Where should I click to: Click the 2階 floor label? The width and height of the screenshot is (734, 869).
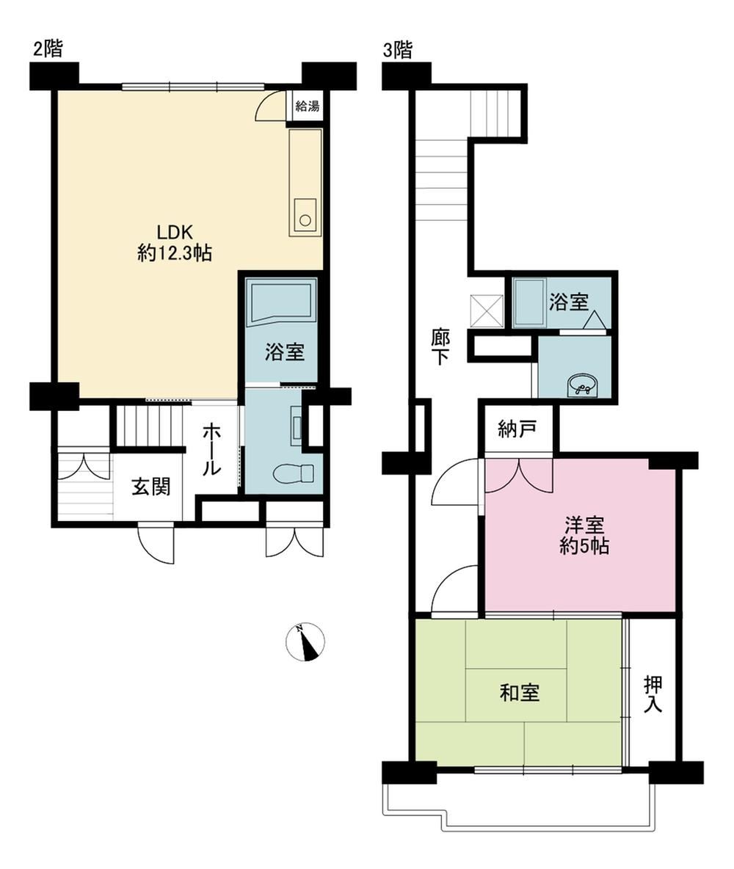(48, 49)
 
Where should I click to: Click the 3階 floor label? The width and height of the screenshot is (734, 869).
(398, 51)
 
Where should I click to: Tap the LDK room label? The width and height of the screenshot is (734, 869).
(174, 232)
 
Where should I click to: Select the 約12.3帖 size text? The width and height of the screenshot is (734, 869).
(175, 254)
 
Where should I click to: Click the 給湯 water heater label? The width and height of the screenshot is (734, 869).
(307, 105)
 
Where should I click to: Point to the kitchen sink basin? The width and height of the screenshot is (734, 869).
(305, 218)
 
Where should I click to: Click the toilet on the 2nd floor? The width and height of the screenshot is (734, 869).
(294, 473)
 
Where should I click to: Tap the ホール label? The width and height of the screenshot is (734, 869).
(211, 449)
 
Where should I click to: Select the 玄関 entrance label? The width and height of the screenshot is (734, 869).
(150, 487)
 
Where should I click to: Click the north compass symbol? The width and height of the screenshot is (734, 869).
(305, 641)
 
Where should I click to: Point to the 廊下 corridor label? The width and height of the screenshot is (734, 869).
(440, 347)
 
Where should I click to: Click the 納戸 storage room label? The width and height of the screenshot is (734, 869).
(517, 429)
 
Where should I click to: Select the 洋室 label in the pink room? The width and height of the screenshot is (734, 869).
(584, 524)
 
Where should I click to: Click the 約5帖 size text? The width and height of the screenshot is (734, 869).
(584, 547)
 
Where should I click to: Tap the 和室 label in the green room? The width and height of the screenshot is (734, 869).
(520, 693)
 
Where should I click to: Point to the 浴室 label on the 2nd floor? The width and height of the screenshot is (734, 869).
(284, 352)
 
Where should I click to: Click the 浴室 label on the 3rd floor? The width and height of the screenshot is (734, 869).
(569, 302)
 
